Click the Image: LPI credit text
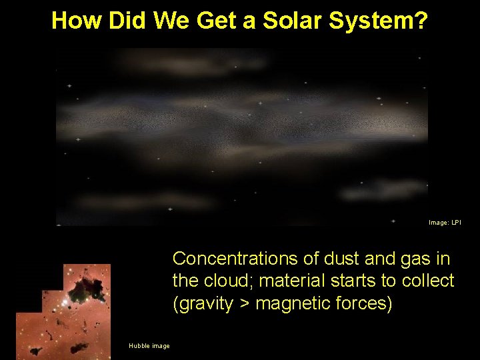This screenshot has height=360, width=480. tap(445, 222)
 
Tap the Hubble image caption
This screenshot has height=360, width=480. tap(149, 345)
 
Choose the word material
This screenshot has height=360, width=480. tap(297, 281)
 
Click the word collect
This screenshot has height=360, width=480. tap(429, 281)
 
